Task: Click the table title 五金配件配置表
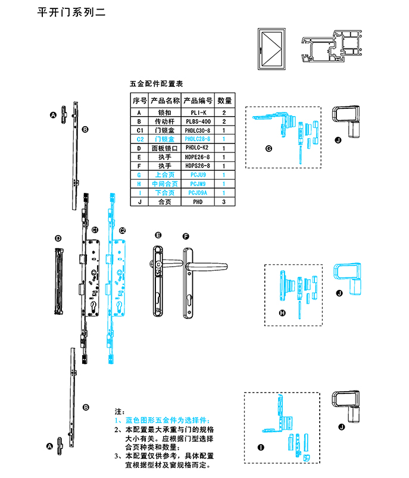156,85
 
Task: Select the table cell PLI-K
196,112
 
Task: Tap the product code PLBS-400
196,121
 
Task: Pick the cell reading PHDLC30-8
196,130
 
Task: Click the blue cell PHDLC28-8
196,139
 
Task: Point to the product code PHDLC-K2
196,147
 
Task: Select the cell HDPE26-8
196,156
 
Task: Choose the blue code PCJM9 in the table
196,184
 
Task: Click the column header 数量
224,101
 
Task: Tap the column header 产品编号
196,101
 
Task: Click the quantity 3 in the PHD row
224,202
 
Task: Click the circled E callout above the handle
158,236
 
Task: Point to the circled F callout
186,236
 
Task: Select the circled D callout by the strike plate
58,238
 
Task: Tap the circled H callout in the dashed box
282,313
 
